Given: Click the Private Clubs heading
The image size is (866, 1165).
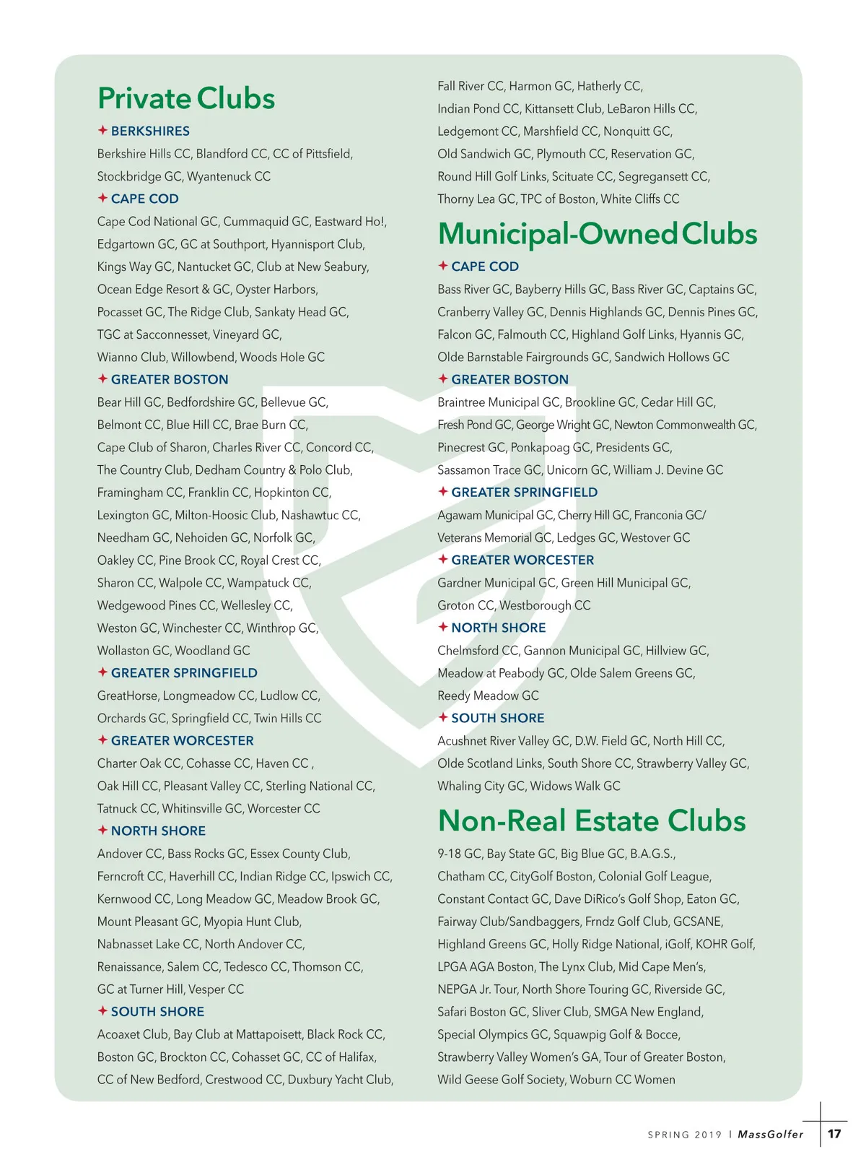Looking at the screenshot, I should pos(186,99).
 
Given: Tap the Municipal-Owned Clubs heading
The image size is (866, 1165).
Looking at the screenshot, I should pos(598,234).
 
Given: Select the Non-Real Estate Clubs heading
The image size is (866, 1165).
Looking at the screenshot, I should pos(592,821).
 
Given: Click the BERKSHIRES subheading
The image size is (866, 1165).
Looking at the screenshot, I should pos(150,131).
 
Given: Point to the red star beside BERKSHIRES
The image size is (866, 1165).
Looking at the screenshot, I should pos(102,130).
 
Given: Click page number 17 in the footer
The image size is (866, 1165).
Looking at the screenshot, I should pos(834,1133).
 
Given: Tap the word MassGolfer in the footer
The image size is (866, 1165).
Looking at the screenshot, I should pos(771,1134).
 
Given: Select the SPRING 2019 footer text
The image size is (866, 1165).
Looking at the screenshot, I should pos(684,1135).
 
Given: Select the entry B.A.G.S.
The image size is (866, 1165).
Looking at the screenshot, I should pos(652,854).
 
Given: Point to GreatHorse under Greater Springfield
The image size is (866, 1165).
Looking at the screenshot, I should pos(128,696).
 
